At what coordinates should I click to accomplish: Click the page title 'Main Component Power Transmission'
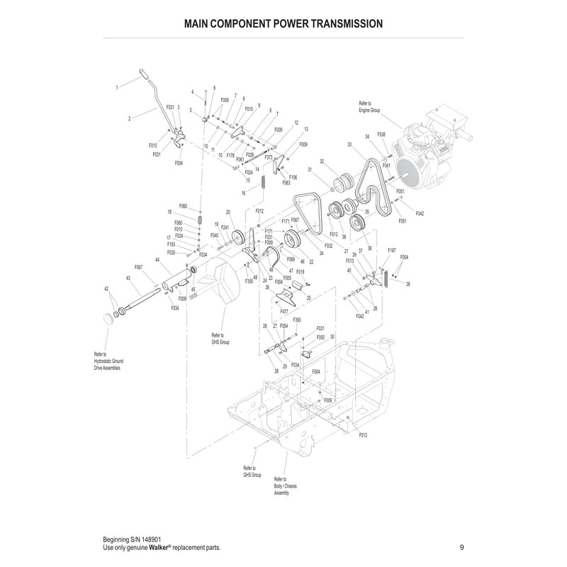click(x=283, y=23)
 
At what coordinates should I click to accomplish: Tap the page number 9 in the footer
click(x=461, y=547)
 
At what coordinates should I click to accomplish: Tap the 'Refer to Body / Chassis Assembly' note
click(x=282, y=486)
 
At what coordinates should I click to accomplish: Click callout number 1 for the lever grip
click(x=117, y=87)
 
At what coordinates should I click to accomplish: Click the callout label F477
click(x=283, y=311)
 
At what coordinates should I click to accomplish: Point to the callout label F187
click(x=391, y=251)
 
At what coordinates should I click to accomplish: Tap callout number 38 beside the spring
click(x=408, y=283)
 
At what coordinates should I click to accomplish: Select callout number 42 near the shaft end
click(x=106, y=288)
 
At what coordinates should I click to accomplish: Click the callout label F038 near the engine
click(x=381, y=134)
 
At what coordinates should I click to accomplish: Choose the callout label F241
click(x=225, y=228)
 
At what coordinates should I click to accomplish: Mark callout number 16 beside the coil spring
click(x=243, y=193)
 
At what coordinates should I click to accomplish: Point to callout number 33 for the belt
click(x=349, y=145)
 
